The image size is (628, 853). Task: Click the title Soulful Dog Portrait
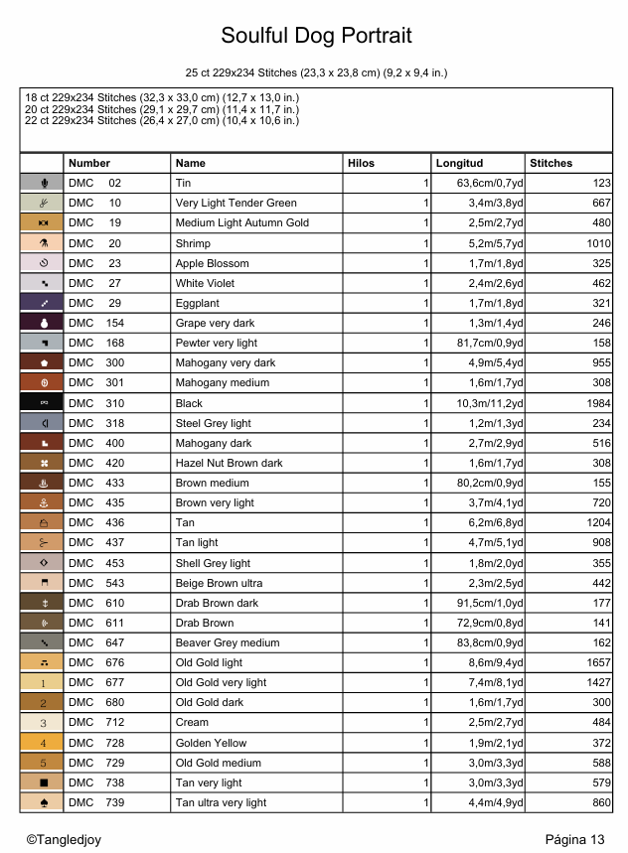pos(316,37)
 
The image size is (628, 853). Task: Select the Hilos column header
pos(361,163)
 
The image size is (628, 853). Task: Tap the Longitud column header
pos(459,163)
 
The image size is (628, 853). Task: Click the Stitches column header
pos(551,163)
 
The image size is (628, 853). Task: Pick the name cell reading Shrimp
pos(192,243)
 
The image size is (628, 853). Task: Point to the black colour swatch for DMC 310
pos(43,403)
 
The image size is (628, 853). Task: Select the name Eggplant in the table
pos(198,303)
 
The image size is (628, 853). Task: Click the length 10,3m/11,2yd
pos(490,403)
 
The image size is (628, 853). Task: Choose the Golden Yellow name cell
pos(212,743)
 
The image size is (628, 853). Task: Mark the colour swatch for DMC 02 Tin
pos(43,184)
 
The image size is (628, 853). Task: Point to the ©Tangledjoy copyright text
pos(64,840)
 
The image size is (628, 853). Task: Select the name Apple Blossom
pos(212,263)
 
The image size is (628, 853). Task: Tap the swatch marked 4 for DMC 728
pos(43,743)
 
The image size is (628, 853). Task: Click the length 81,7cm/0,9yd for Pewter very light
pos(490,343)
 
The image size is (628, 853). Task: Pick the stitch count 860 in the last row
pos(600,802)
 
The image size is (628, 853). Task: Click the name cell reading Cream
pos(192,723)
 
